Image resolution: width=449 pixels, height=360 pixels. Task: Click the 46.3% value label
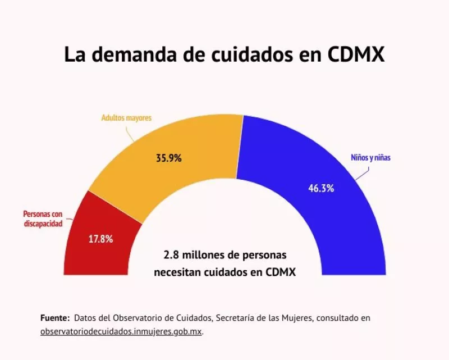[x=321, y=188]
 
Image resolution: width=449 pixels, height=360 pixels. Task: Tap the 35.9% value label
[x=168, y=158]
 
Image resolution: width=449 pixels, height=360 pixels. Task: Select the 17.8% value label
[x=101, y=238]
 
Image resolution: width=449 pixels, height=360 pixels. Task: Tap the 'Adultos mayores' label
[x=126, y=119]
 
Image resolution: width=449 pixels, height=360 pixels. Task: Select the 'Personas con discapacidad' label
[x=42, y=218]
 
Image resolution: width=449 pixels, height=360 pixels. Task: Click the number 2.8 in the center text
[x=170, y=255]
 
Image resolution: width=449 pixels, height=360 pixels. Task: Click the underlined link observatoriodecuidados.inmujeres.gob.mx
[x=121, y=332]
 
